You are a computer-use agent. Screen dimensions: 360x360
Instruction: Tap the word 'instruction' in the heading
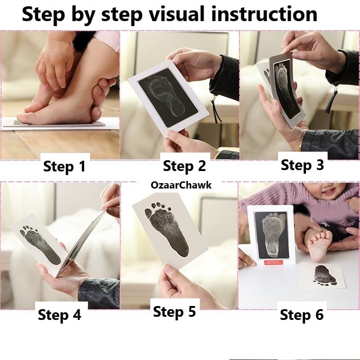pyautogui.click(x=264, y=14)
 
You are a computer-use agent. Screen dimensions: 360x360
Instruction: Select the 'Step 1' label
pyautogui.click(x=64, y=166)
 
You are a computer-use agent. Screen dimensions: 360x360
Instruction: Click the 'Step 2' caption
pyautogui.click(x=184, y=166)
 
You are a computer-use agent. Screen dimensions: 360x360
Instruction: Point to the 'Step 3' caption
pyautogui.click(x=302, y=165)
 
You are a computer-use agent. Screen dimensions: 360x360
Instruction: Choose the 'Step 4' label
pyautogui.click(x=59, y=315)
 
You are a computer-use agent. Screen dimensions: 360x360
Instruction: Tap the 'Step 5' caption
pyautogui.click(x=174, y=311)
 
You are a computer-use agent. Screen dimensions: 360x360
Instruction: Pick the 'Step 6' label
pyautogui.click(x=301, y=315)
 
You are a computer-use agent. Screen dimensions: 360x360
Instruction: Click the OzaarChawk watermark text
pyautogui.click(x=181, y=185)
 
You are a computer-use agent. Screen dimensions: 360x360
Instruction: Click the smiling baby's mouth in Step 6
pyautogui.click(x=329, y=192)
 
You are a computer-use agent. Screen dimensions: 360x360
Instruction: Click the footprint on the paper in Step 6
pyautogui.click(x=324, y=275)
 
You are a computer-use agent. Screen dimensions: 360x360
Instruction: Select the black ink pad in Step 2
pyautogui.click(x=168, y=98)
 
